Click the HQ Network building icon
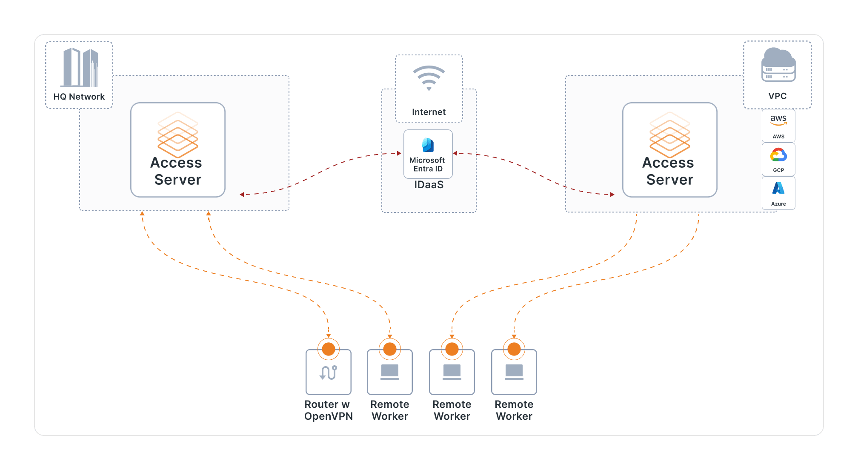[x=80, y=68]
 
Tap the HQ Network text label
[x=79, y=97]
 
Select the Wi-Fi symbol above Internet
[x=429, y=78]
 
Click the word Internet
[x=429, y=112]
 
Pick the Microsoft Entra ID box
[x=428, y=154]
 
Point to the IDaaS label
[x=429, y=185]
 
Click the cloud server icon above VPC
[x=778, y=65]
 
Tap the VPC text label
[x=777, y=96]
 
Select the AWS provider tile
[x=778, y=126]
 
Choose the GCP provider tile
[x=778, y=159]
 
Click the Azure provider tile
[x=778, y=193]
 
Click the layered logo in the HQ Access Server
[x=178, y=135]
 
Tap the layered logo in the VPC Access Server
[x=669, y=135]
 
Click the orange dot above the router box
[x=328, y=349]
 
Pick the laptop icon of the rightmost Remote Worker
[x=514, y=372]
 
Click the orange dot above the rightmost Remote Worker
[x=514, y=349]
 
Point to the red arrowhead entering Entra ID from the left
[x=399, y=153]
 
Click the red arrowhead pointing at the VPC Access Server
[x=612, y=195]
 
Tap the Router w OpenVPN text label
[x=328, y=410]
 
